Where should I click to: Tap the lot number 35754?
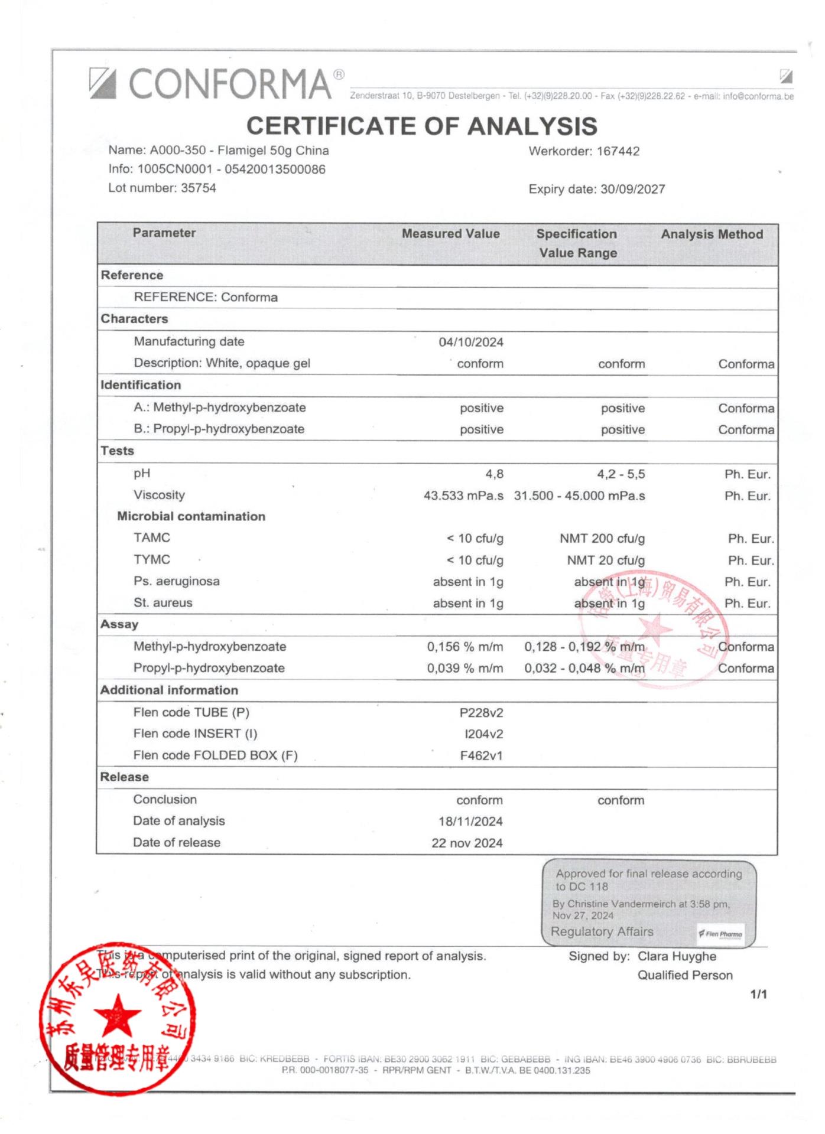(199, 188)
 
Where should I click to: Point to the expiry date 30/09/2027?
(632, 189)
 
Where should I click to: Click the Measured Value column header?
(450, 234)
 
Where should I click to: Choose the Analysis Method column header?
(712, 234)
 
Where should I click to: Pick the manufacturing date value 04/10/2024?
(471, 342)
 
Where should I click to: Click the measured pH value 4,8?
(494, 474)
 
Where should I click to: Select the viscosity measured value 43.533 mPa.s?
(463, 496)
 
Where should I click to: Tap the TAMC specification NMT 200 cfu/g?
(602, 539)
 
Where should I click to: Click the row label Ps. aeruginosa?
(176, 581)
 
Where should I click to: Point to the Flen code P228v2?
(481, 713)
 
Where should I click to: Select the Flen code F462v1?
(481, 755)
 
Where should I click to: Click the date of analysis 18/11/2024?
(470, 822)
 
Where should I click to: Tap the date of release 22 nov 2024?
(467, 843)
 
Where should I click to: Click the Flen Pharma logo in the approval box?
(720, 934)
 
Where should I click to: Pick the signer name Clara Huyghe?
(677, 956)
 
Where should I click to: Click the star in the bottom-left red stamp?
(118, 1016)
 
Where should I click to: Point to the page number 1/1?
(758, 994)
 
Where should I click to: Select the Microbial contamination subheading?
(191, 516)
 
